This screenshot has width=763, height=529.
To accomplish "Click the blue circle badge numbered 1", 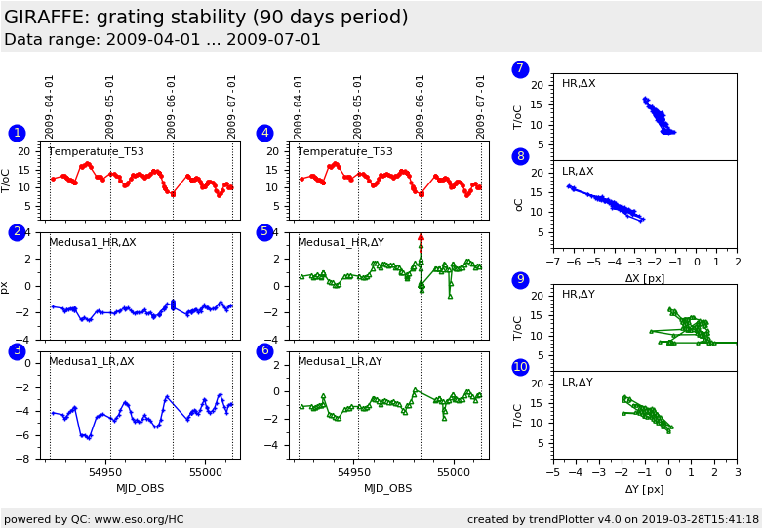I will pos(17,133).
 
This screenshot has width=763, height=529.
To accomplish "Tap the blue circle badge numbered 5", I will pos(264,232).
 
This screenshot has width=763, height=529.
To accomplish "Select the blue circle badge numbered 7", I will pos(520,69).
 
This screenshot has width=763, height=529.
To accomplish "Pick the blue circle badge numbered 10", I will pos(520,367).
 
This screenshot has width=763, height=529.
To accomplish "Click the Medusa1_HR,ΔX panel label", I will pos(93,242).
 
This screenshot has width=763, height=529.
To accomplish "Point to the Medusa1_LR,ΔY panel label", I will pos(341,361).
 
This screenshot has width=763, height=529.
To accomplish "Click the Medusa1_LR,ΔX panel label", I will pos(92,361).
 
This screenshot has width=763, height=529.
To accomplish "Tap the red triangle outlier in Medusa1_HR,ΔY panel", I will pos(421,237).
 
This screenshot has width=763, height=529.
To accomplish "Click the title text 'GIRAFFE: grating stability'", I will pos(206,18).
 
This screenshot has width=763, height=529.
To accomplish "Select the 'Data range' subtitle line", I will pos(162,40).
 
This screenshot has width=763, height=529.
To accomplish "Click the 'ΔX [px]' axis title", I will pos(645,278).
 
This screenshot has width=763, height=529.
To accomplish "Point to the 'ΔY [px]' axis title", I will pos(645,489).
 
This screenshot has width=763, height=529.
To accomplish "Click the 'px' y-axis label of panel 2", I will pos(5,287).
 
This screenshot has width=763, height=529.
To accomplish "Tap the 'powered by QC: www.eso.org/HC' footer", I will pos(94,519).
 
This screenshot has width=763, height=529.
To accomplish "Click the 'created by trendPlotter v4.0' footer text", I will pos(613,519).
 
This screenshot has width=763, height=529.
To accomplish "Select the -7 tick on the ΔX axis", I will pos(552,262).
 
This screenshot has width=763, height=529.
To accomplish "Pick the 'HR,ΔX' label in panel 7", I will pos(579,84).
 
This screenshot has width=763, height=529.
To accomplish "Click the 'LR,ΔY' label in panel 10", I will pos(578,383).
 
